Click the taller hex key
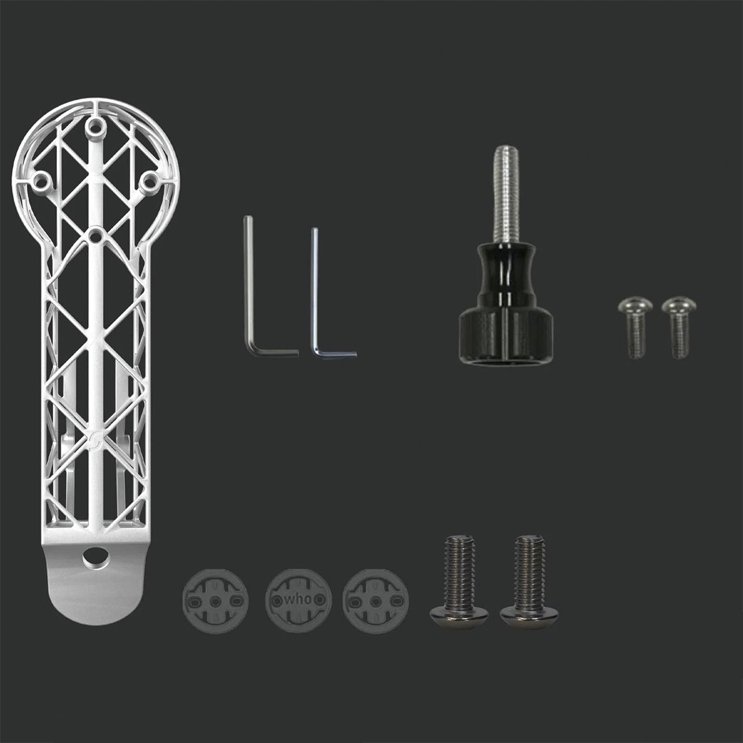(x=249, y=285)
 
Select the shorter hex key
(x=316, y=293)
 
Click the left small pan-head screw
(x=635, y=327)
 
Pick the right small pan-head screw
(x=679, y=327)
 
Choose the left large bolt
(x=459, y=582)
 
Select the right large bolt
(x=530, y=582)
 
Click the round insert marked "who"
(x=298, y=600)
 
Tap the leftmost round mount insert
(x=215, y=601)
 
